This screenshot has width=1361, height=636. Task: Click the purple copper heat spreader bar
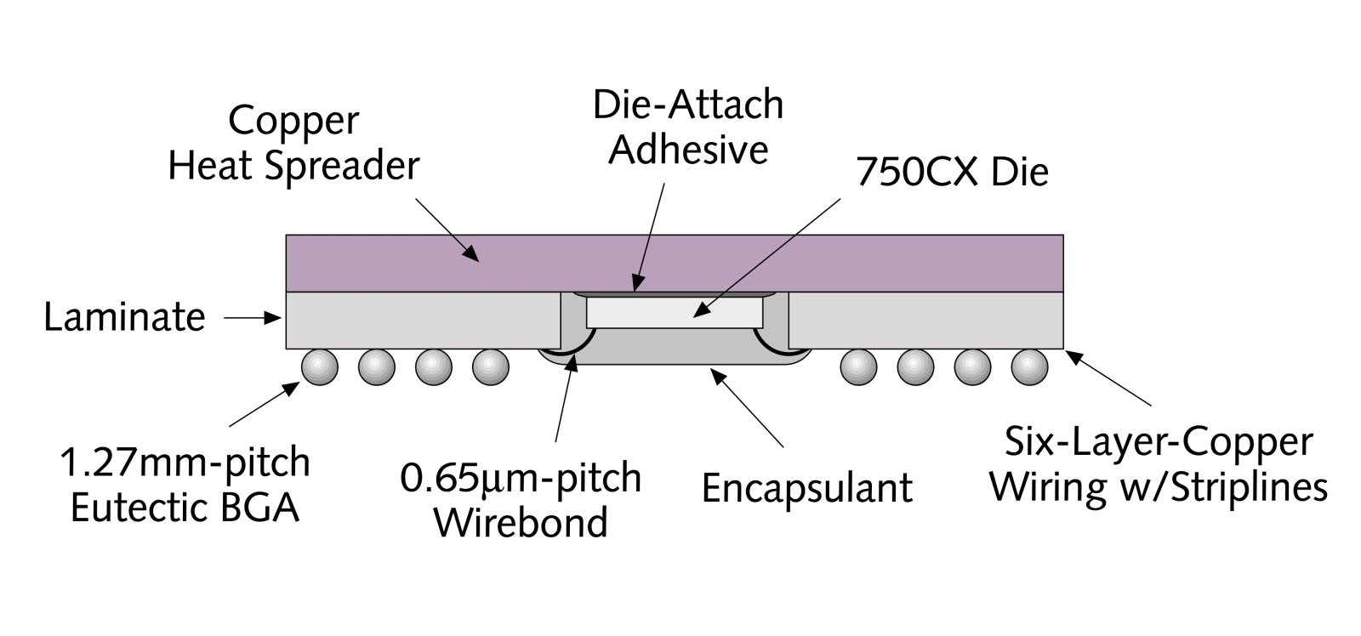[675, 263]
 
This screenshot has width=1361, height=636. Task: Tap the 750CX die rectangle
[675, 312]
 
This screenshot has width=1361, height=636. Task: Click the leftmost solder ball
[320, 367]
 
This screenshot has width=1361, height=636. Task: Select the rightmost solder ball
[1029, 367]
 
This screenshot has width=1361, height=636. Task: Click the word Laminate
[124, 317]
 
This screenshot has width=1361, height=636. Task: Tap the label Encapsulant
[807, 488]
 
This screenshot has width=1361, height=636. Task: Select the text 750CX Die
[952, 172]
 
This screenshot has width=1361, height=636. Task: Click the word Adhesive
[688, 150]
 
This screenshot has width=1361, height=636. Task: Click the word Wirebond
[521, 523]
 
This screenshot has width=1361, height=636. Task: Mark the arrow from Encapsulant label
[748, 407]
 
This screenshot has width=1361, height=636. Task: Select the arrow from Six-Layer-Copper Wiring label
[1108, 378]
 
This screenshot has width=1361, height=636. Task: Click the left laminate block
[423, 321]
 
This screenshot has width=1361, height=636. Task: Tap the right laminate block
[926, 321]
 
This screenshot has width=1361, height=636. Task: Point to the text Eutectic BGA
[185, 508]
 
